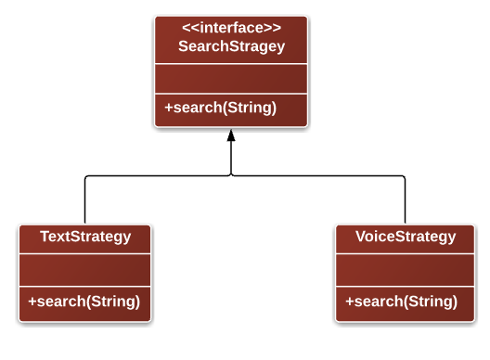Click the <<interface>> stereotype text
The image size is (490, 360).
(230, 29)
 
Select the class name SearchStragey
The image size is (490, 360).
(230, 46)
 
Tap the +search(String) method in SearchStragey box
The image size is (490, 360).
(221, 107)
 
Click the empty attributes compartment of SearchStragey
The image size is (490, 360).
(230, 78)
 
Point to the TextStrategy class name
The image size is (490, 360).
(85, 237)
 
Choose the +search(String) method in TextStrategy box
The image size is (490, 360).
(84, 301)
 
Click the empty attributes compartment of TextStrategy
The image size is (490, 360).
(84, 270)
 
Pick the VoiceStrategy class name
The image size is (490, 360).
(406, 237)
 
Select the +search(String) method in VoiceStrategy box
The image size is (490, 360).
(402, 301)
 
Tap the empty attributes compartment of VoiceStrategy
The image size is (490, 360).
(406, 270)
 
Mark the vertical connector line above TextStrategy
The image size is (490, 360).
(85, 199)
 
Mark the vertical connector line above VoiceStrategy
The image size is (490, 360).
(406, 199)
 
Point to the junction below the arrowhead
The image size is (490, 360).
(231, 175)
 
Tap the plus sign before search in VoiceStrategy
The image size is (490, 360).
(350, 301)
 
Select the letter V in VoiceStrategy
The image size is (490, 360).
(361, 237)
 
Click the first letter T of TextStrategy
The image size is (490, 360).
(45, 237)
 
